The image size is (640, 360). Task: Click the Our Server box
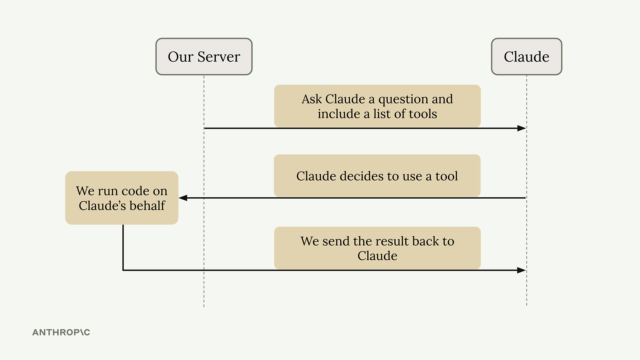(x=204, y=57)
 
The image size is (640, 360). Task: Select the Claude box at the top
(x=527, y=57)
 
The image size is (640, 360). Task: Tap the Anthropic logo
(x=61, y=332)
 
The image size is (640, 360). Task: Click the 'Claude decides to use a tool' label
(x=377, y=176)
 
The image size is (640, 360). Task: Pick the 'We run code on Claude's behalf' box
(x=122, y=198)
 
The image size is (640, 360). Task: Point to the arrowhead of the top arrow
(x=522, y=128)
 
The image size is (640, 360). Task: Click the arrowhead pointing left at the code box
(x=183, y=198)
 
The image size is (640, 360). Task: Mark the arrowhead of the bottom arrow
(x=522, y=270)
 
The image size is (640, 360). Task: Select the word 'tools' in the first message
(x=423, y=114)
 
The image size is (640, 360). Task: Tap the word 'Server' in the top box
(x=219, y=57)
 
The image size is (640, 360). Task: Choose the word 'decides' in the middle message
(x=361, y=176)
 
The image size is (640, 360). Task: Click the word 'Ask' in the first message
(x=312, y=99)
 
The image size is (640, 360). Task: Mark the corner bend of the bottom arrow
(x=123, y=270)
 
